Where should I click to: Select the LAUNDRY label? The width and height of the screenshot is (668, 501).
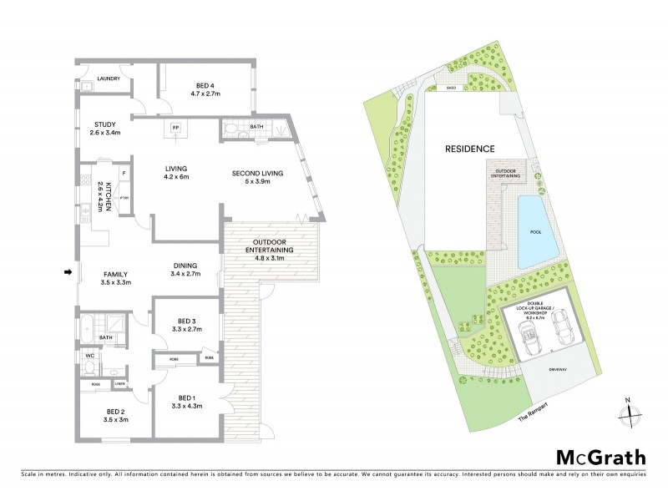point(109,79)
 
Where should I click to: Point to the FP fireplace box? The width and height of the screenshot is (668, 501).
point(175,128)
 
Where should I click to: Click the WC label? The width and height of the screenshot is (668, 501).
point(89,355)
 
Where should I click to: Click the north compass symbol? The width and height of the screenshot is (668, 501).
point(631,410)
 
